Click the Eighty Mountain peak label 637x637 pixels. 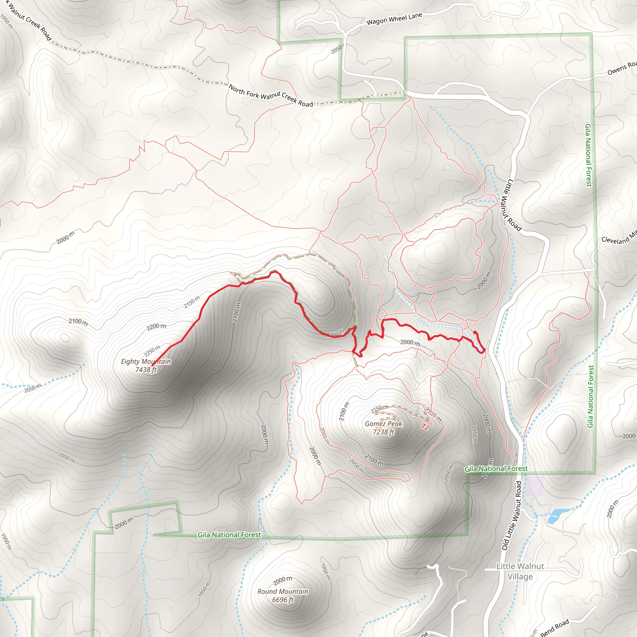tap(146, 361)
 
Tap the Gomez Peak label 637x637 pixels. tap(384, 424)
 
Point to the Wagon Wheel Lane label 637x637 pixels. tap(394, 19)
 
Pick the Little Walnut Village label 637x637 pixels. tap(520, 571)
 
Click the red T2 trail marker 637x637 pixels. tap(425, 427)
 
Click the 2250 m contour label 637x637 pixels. tap(152, 351)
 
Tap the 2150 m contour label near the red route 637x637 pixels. tap(192, 302)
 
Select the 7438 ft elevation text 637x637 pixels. tap(146, 370)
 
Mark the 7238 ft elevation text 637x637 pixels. tap(384, 432)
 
